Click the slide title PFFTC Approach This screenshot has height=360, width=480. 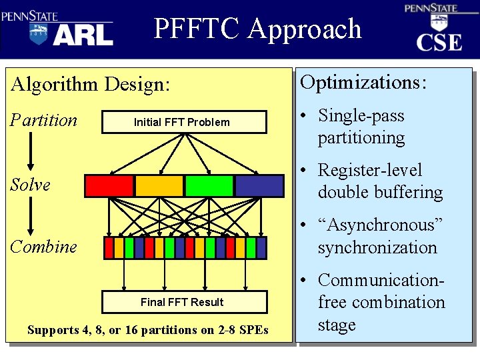click(257, 29)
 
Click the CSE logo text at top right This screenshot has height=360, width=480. click(439, 43)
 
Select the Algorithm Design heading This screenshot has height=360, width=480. click(91, 85)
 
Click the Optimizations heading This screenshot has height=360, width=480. click(363, 83)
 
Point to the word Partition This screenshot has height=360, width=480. click(44, 121)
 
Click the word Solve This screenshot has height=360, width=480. click(30, 185)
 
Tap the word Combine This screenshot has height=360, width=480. click(43, 247)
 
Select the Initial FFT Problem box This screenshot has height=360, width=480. click(181, 122)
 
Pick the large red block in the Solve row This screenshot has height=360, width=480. click(109, 185)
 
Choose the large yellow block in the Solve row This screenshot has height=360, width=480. click(159, 185)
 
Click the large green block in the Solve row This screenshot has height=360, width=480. click(209, 185)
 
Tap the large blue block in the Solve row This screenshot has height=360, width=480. click(259, 185)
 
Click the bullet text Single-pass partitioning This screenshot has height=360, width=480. click(361, 127)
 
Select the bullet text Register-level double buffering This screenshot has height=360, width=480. click(380, 181)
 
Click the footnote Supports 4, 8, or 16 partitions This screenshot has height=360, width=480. click(148, 330)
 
